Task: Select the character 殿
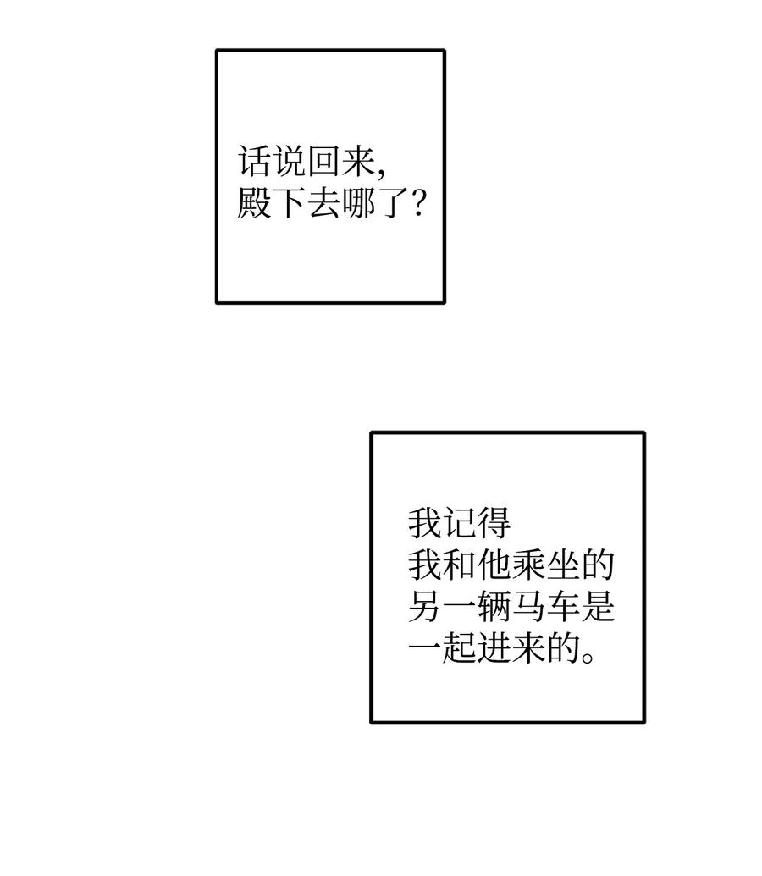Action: [x=253, y=204]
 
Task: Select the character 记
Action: [x=459, y=523]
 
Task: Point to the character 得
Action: [x=494, y=523]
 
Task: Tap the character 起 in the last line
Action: [x=459, y=649]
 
